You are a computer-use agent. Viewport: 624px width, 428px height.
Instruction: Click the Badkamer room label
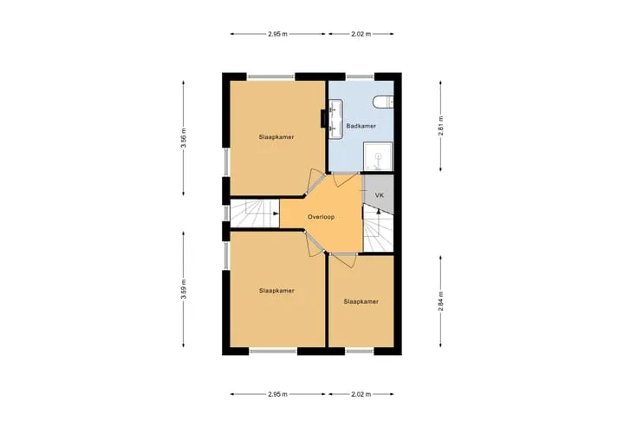pyautogui.click(x=361, y=126)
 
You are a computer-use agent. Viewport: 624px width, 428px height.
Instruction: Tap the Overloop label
pyautogui.click(x=321, y=217)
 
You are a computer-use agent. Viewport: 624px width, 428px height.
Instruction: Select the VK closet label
pyautogui.click(x=380, y=195)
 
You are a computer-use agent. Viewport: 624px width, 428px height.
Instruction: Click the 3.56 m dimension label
pyautogui.click(x=184, y=138)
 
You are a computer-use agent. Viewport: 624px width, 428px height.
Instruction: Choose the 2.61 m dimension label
pyautogui.click(x=440, y=126)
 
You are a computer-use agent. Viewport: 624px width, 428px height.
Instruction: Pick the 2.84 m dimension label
pyautogui.click(x=440, y=301)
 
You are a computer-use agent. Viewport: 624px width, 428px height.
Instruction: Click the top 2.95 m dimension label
pyautogui.click(x=277, y=34)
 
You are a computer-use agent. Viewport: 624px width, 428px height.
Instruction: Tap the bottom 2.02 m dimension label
pyautogui.click(x=361, y=394)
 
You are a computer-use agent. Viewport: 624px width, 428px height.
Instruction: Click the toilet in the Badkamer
pyautogui.click(x=383, y=102)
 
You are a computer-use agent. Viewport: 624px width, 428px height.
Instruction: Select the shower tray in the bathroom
pyautogui.click(x=378, y=156)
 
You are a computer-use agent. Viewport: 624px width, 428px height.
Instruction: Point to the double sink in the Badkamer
pyautogui.click(x=335, y=119)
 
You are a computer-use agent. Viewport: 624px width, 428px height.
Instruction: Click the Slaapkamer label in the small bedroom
pyautogui.click(x=361, y=301)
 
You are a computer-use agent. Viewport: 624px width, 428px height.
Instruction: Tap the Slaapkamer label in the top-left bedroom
pyautogui.click(x=276, y=137)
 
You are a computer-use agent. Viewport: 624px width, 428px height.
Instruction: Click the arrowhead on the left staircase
pyautogui.click(x=276, y=214)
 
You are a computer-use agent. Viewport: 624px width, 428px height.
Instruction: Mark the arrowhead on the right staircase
pyautogui.click(x=379, y=211)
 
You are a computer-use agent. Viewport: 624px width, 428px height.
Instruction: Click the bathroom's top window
pyautogui.click(x=361, y=76)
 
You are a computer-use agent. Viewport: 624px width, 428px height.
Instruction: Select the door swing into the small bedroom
pyautogui.click(x=344, y=260)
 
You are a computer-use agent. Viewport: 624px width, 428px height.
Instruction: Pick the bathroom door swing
pyautogui.click(x=346, y=180)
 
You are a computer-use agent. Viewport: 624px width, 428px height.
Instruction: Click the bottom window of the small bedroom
pyautogui.click(x=360, y=352)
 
